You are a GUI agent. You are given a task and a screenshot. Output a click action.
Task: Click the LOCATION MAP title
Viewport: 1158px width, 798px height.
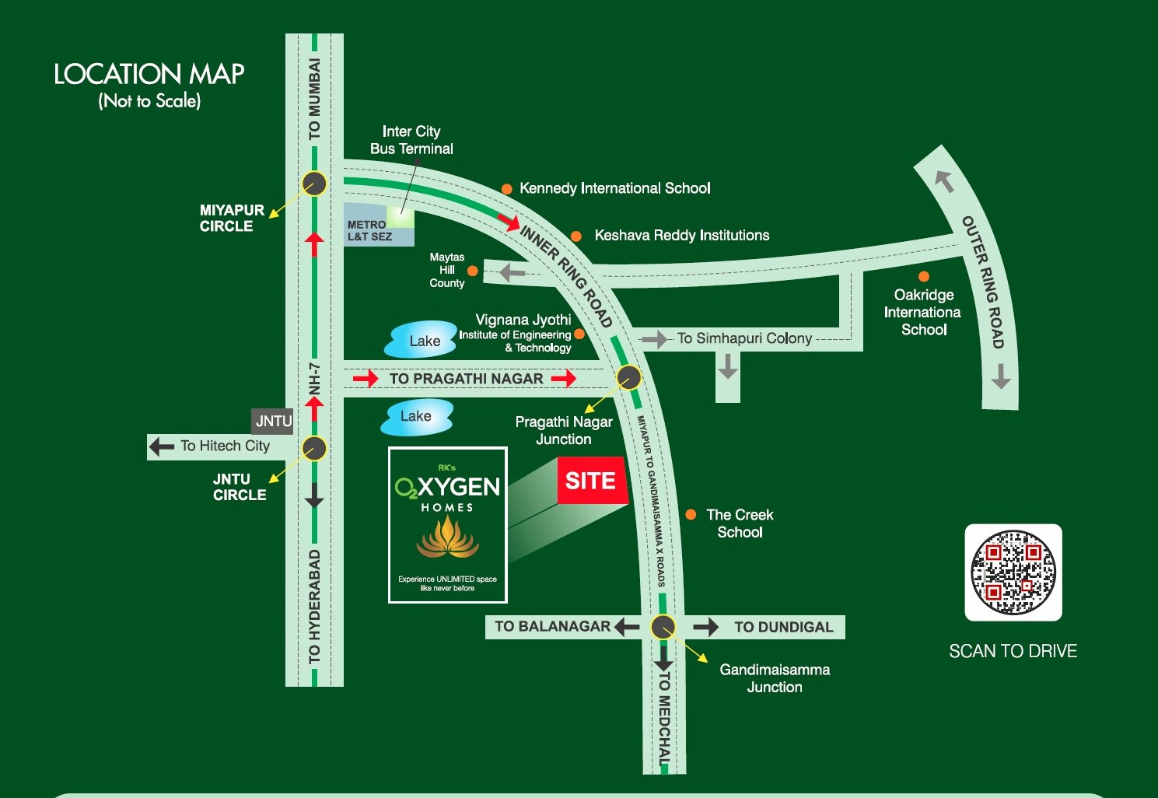149,75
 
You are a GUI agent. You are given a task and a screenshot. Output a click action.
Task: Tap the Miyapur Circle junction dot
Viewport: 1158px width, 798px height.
314,184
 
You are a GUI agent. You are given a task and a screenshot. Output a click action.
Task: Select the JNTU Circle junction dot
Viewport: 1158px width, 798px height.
314,449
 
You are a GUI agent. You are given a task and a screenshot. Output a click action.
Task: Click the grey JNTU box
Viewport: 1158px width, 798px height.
273,422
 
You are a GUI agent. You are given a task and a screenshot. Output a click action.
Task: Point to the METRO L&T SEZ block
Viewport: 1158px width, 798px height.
378,226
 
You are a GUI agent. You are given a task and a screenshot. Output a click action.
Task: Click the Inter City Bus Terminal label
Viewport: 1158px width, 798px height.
411,140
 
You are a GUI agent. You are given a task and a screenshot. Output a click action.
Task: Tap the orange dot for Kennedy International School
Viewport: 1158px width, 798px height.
506,189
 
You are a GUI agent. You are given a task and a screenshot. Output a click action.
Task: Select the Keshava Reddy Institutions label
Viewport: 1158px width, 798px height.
681,236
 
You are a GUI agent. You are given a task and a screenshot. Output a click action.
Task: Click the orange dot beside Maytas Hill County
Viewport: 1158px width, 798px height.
472,271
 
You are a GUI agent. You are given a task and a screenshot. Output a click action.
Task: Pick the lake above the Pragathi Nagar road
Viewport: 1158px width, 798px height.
423,340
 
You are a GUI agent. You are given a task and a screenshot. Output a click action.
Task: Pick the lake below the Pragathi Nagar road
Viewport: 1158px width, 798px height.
416,417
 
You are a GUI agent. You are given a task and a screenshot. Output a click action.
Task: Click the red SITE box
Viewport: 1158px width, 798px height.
591,481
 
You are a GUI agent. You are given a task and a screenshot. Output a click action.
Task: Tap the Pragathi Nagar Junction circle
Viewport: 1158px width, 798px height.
628,378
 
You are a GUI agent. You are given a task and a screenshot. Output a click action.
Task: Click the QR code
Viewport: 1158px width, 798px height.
1013,572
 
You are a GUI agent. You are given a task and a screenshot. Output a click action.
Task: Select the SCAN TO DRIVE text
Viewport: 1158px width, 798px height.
1013,652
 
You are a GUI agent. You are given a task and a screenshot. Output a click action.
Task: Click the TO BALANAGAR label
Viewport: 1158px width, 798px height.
552,626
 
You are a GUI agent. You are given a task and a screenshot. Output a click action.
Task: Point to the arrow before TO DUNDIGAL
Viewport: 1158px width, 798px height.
706,627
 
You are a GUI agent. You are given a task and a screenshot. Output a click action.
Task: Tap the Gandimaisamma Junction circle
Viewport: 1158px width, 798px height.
663,627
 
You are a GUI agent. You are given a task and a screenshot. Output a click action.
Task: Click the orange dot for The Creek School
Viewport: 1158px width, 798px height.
691,515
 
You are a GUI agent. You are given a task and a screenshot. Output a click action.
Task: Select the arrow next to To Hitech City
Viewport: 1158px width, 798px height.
162,446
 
